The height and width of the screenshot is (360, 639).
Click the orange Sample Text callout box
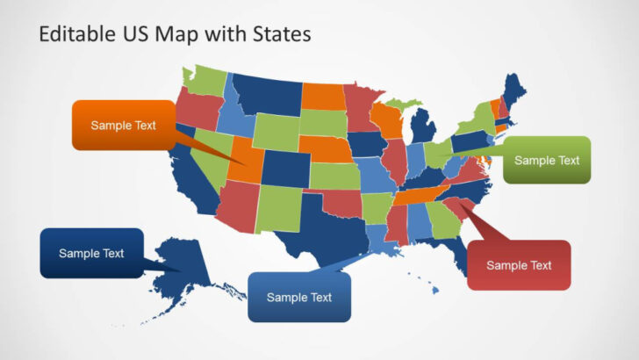pos(123,126)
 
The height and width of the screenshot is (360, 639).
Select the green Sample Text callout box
pos(547,160)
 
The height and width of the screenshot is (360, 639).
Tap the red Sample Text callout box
pos(519,265)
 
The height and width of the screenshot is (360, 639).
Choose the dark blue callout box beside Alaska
pos(91,253)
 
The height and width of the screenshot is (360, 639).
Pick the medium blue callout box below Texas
pos(299,297)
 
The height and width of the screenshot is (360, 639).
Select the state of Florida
pos(454,255)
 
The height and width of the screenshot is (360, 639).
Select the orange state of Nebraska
pos(325,148)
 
